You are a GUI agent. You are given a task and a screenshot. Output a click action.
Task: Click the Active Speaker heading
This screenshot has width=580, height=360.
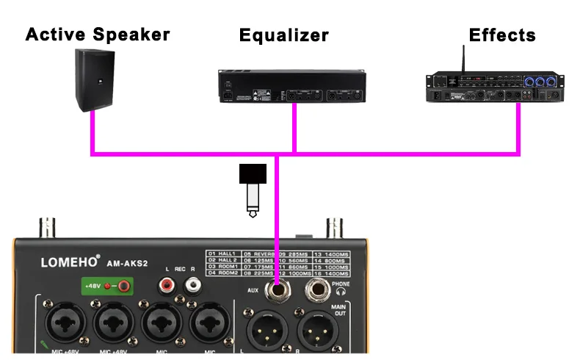98,34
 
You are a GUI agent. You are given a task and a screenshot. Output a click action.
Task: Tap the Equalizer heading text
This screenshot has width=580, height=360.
283,35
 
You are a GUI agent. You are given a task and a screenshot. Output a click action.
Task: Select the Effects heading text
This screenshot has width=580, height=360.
502,35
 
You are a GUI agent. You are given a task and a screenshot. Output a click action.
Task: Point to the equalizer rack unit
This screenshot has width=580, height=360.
291,87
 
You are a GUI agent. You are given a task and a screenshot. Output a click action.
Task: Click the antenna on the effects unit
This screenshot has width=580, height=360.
464,59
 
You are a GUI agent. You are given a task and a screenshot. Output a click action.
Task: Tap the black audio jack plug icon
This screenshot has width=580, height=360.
253,189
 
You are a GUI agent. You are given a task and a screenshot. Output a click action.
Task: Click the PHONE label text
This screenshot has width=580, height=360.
341,284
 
